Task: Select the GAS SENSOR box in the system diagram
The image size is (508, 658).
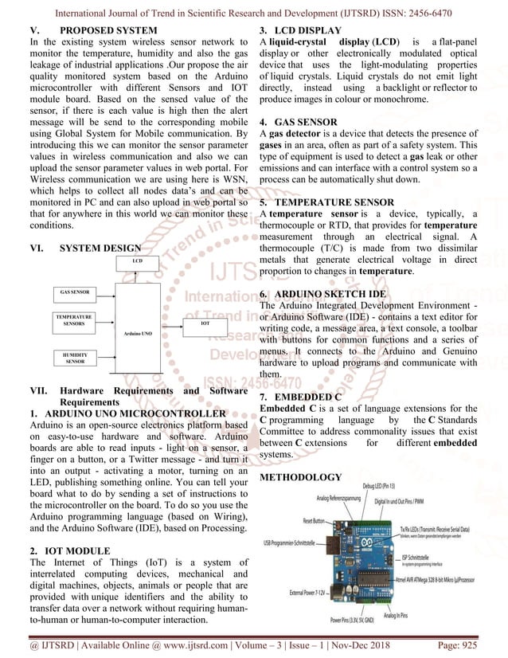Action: coord(74,292)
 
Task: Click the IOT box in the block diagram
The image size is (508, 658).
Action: coord(204,325)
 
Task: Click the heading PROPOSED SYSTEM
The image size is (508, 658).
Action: coord(111,31)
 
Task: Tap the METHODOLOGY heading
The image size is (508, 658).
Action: coord(301,477)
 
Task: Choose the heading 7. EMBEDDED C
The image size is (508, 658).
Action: coord(301,396)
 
